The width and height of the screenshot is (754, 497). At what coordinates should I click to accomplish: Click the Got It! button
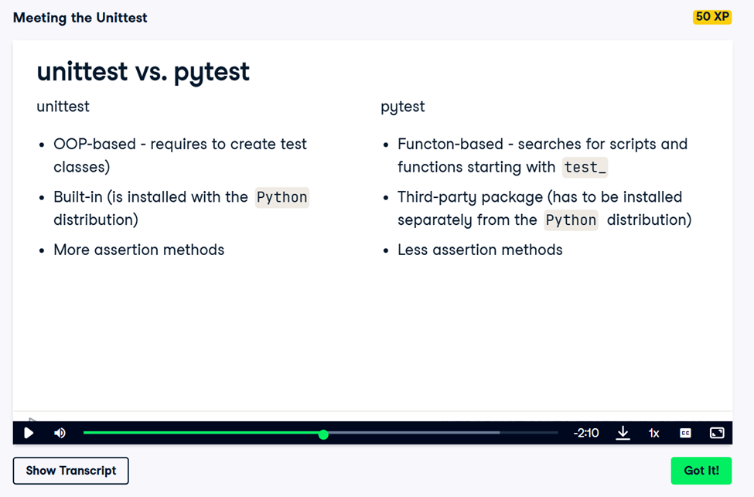701,471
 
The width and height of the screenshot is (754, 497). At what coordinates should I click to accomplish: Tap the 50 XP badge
712,17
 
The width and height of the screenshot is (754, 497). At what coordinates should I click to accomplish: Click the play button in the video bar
29,433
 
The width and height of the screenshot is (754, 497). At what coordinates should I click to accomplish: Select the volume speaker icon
60,433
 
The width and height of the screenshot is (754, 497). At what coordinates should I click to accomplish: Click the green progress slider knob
323,434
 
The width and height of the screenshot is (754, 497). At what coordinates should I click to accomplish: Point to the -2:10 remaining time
586,433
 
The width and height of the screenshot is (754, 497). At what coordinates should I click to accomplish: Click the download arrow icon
623,433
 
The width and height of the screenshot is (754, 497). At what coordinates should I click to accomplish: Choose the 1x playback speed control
654,433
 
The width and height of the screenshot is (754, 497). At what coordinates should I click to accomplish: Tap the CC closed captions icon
685,433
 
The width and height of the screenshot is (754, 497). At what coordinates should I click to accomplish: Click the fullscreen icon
717,433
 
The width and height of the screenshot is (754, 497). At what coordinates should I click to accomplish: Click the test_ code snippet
585,167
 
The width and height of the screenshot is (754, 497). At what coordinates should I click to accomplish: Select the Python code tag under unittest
281,197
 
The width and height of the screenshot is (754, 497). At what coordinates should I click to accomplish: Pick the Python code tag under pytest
571,220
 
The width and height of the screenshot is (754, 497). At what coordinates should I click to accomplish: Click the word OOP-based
94,145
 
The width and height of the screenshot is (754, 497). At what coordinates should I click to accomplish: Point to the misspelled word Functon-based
450,145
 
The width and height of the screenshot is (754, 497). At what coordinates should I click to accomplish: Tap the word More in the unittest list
71,250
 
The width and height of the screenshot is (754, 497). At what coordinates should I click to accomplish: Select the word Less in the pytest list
412,250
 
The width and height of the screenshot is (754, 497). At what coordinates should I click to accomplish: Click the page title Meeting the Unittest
80,18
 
